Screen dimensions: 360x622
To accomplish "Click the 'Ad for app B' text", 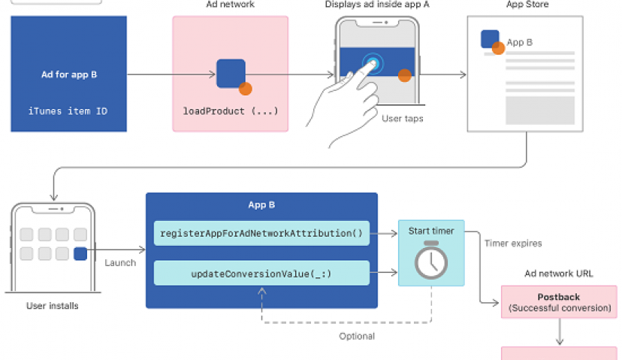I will [69, 75].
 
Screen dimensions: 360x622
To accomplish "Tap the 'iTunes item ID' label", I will [69, 111].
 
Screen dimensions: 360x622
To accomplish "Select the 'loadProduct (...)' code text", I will [231, 111].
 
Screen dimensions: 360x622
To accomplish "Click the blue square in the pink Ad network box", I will [231, 72].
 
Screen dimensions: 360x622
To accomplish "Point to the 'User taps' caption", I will [403, 118].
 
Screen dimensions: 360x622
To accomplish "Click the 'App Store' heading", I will [527, 5].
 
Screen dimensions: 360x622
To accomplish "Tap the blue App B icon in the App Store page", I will [490, 39].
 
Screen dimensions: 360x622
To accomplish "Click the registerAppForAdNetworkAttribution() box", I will [261, 233].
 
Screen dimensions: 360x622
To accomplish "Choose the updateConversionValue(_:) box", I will [261, 274].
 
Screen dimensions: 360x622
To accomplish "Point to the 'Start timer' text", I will [431, 231].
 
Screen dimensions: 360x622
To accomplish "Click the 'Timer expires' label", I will [513, 244].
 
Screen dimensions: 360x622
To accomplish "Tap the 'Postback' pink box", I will [559, 302].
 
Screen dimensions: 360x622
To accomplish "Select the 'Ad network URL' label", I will [559, 274].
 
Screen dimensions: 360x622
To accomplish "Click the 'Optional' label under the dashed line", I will [357, 336].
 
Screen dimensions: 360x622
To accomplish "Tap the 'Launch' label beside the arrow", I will [120, 263].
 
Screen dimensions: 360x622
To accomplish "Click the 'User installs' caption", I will [52, 306].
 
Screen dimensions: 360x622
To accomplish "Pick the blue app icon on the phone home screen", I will [80, 254].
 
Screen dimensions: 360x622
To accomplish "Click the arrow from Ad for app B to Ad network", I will [172, 74].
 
